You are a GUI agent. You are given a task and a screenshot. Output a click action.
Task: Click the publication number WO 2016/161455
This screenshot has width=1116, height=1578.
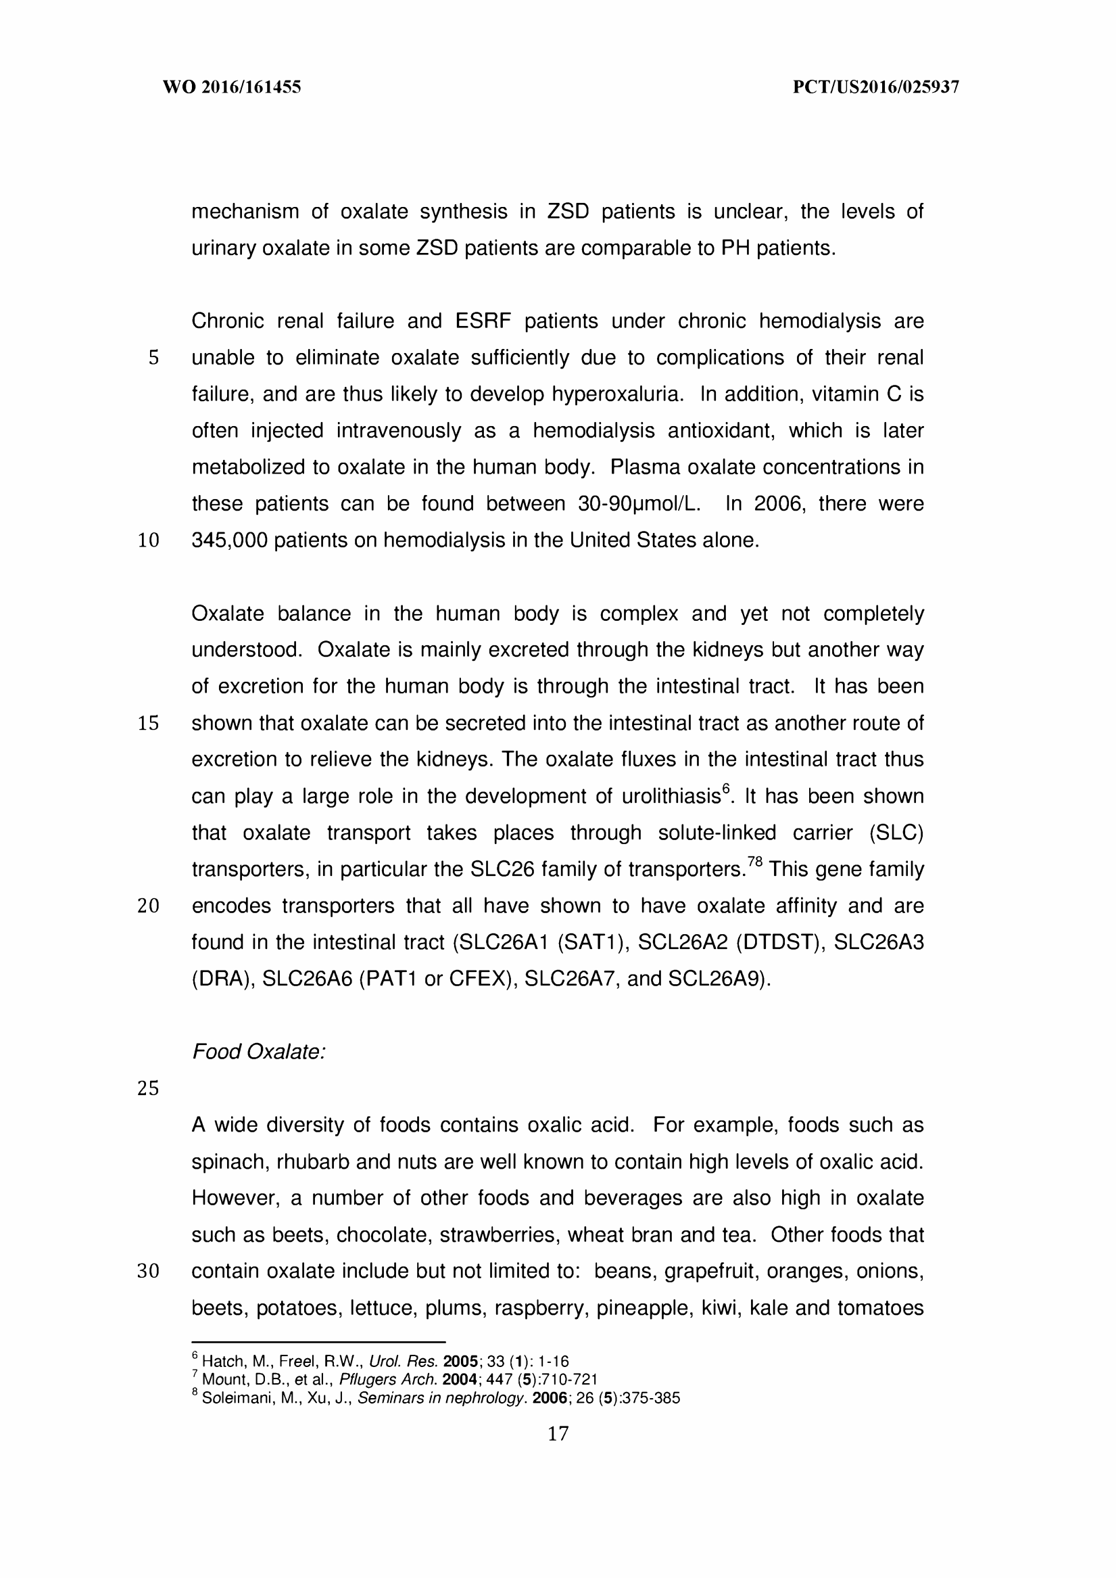pos(232,87)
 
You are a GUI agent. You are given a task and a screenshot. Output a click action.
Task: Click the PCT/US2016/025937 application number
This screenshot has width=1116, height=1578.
pos(875,87)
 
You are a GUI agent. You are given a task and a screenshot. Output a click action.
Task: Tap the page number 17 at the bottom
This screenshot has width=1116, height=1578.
pos(558,1433)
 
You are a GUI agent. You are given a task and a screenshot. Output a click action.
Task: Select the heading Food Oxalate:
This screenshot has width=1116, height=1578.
pos(258,1052)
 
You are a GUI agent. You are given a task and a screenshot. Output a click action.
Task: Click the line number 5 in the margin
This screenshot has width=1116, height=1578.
pos(153,358)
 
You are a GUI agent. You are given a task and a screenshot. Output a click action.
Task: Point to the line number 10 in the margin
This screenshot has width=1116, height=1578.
pos(149,541)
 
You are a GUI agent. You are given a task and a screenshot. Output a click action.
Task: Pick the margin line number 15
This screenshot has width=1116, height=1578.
pos(149,723)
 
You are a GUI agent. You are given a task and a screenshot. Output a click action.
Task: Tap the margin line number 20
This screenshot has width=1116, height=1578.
pos(149,906)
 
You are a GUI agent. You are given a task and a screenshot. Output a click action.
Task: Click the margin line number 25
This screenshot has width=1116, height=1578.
pos(149,1088)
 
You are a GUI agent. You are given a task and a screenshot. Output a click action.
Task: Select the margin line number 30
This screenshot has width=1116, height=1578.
pos(149,1272)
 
